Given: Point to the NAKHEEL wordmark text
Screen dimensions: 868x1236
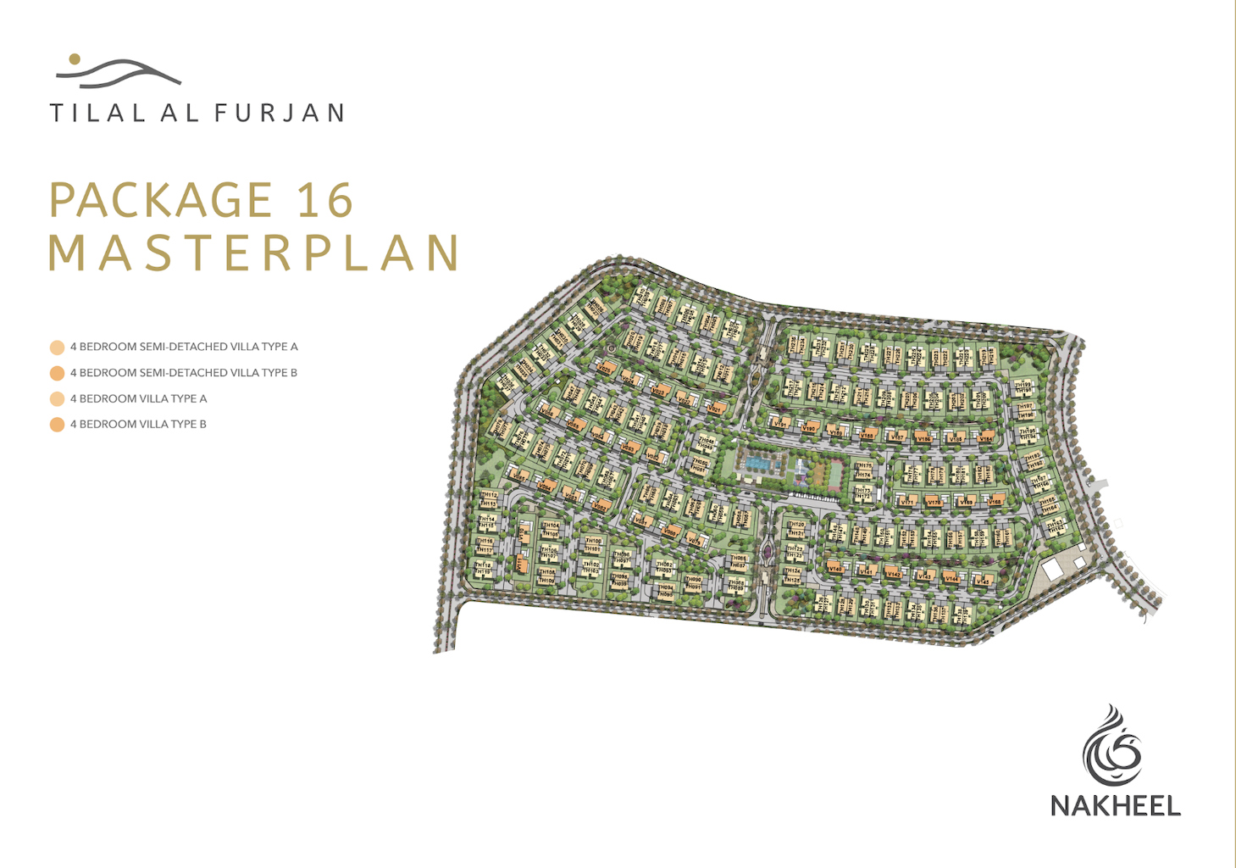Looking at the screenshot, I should (x=1115, y=805).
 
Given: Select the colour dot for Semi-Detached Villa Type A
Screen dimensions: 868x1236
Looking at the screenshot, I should (x=57, y=347).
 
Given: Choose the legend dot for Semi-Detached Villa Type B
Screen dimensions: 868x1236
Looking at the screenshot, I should (x=57, y=373).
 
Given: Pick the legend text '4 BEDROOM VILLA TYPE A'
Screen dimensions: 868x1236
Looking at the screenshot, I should (x=138, y=398).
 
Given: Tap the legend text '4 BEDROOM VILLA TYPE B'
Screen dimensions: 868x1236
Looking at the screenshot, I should (x=138, y=424).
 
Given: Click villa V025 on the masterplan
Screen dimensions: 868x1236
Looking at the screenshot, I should (x=605, y=369).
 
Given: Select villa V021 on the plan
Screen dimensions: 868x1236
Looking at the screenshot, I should (x=714, y=409).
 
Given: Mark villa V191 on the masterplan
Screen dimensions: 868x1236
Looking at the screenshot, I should (x=780, y=423).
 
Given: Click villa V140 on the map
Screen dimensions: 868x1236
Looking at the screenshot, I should (x=834, y=567).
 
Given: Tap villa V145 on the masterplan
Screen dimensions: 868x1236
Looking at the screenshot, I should (x=983, y=581).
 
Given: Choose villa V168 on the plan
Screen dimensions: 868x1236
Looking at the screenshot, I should (x=995, y=501).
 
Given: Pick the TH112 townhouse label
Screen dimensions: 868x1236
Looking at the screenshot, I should (x=489, y=496).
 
